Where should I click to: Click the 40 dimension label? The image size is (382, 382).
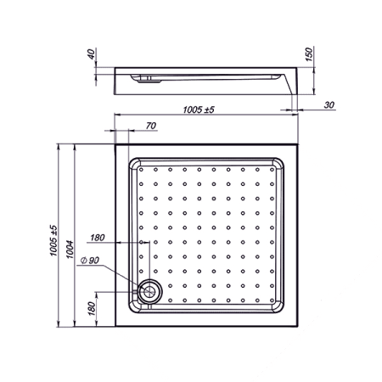[91, 53]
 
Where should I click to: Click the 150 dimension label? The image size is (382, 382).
[309, 54]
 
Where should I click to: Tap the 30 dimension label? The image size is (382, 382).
[329, 105]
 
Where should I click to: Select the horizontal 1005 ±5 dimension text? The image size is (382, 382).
[199, 110]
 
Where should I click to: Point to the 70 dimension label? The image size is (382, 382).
[151, 126]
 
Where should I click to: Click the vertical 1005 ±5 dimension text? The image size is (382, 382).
[53, 240]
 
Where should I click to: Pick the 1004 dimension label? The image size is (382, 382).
[70, 250]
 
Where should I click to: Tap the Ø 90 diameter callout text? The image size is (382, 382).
[90, 260]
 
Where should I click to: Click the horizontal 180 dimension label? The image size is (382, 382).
[98, 238]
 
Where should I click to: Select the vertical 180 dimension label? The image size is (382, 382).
[92, 308]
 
